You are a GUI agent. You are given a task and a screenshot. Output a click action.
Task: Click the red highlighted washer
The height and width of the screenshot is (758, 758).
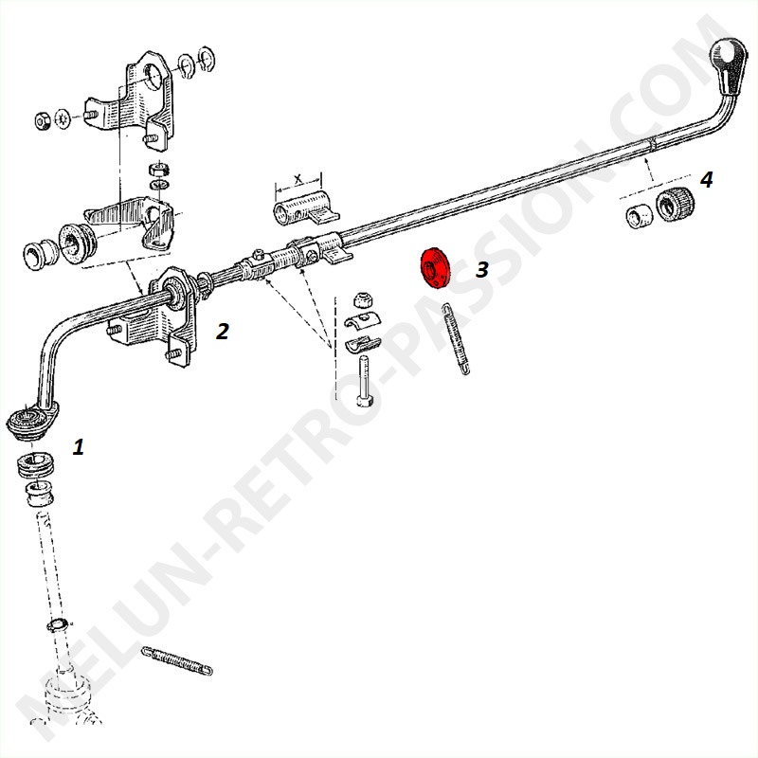click(x=435, y=269)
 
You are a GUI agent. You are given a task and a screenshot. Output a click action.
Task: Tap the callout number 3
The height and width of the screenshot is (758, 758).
click(x=482, y=270)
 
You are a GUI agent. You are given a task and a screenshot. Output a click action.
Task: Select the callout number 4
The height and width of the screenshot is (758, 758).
click(x=706, y=180)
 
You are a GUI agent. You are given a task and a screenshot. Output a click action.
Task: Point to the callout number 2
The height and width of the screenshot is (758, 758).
click(x=223, y=331)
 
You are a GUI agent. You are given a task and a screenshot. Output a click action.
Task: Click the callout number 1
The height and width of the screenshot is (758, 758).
click(x=79, y=446)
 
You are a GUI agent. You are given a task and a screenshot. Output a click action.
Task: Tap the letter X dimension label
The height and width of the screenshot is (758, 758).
click(x=298, y=180)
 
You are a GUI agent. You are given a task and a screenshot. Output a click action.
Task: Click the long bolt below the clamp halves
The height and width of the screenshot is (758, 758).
click(x=363, y=381)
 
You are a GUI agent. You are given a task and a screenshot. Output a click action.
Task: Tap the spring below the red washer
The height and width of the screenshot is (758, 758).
click(x=456, y=338)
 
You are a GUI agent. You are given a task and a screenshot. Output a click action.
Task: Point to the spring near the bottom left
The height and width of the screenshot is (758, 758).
click(x=177, y=660)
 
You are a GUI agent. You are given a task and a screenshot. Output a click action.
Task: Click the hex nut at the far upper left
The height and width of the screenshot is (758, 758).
click(x=43, y=120)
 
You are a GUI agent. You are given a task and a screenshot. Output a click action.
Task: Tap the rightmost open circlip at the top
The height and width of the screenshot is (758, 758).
click(x=207, y=59)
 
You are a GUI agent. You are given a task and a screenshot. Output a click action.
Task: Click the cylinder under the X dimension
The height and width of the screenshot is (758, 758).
click(x=304, y=208)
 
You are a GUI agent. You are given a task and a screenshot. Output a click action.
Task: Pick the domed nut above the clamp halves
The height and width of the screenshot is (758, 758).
click(x=362, y=299)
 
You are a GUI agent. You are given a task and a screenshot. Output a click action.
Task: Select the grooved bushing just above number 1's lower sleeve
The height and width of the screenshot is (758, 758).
click(x=36, y=464)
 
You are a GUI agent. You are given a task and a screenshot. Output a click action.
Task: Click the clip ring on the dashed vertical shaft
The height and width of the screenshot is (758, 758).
click(x=60, y=624)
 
